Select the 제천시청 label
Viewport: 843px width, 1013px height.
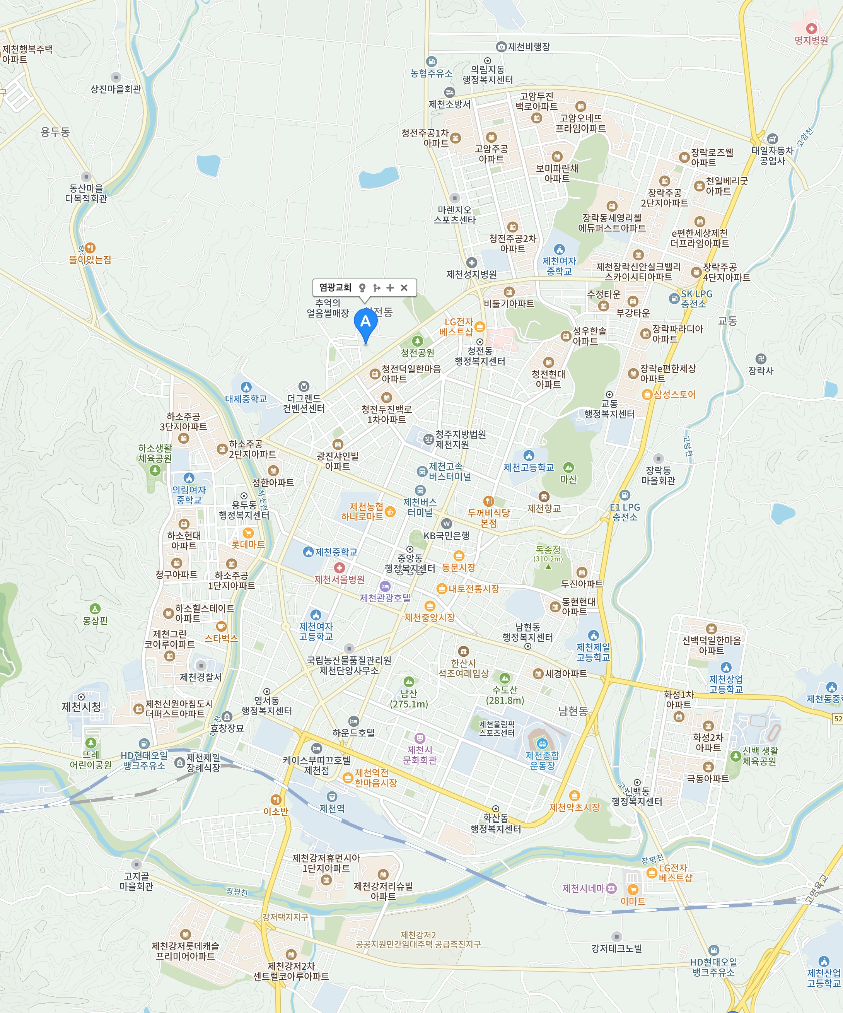81,707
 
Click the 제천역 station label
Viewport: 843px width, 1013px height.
332,808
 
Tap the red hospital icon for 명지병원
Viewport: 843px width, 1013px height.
812,29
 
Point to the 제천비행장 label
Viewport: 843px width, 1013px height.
529,47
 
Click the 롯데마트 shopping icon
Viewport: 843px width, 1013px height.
248,533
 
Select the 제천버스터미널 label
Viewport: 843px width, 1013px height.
420,507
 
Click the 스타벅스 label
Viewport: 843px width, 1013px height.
221,638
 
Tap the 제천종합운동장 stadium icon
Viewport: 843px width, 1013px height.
542,743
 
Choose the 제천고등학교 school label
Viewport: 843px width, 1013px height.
529,467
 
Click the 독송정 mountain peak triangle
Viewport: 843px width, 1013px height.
548,567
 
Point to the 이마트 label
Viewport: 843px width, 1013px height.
632,901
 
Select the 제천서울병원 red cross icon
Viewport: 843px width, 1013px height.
340,568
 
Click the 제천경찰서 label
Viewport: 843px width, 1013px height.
201,677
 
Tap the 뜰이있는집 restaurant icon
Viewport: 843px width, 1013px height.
90,248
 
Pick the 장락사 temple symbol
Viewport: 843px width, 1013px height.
761,359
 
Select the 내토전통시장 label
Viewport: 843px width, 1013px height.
474,589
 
